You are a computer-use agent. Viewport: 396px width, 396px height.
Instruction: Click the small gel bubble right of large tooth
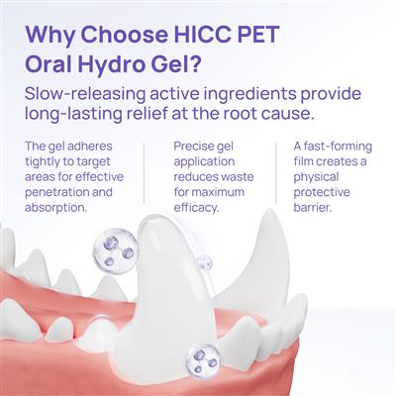[x=206, y=264]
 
